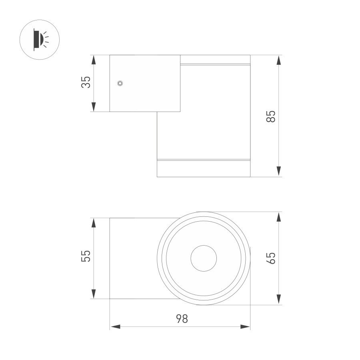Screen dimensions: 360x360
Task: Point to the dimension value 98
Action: [x=182, y=319]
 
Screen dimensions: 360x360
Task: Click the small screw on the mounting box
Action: [x=120, y=83]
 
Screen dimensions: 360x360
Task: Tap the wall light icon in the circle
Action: [x=40, y=40]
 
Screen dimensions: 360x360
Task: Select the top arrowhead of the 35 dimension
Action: [x=94, y=60]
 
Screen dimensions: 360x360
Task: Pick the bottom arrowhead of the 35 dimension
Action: [x=94, y=107]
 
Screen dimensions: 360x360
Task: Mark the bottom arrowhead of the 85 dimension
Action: [x=279, y=172]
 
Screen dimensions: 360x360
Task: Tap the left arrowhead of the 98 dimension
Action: [x=115, y=327]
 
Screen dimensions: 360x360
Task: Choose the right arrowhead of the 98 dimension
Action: [x=245, y=327]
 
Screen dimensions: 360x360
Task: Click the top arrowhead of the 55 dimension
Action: [x=94, y=223]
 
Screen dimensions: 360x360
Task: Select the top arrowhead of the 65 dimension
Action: [x=279, y=217]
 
